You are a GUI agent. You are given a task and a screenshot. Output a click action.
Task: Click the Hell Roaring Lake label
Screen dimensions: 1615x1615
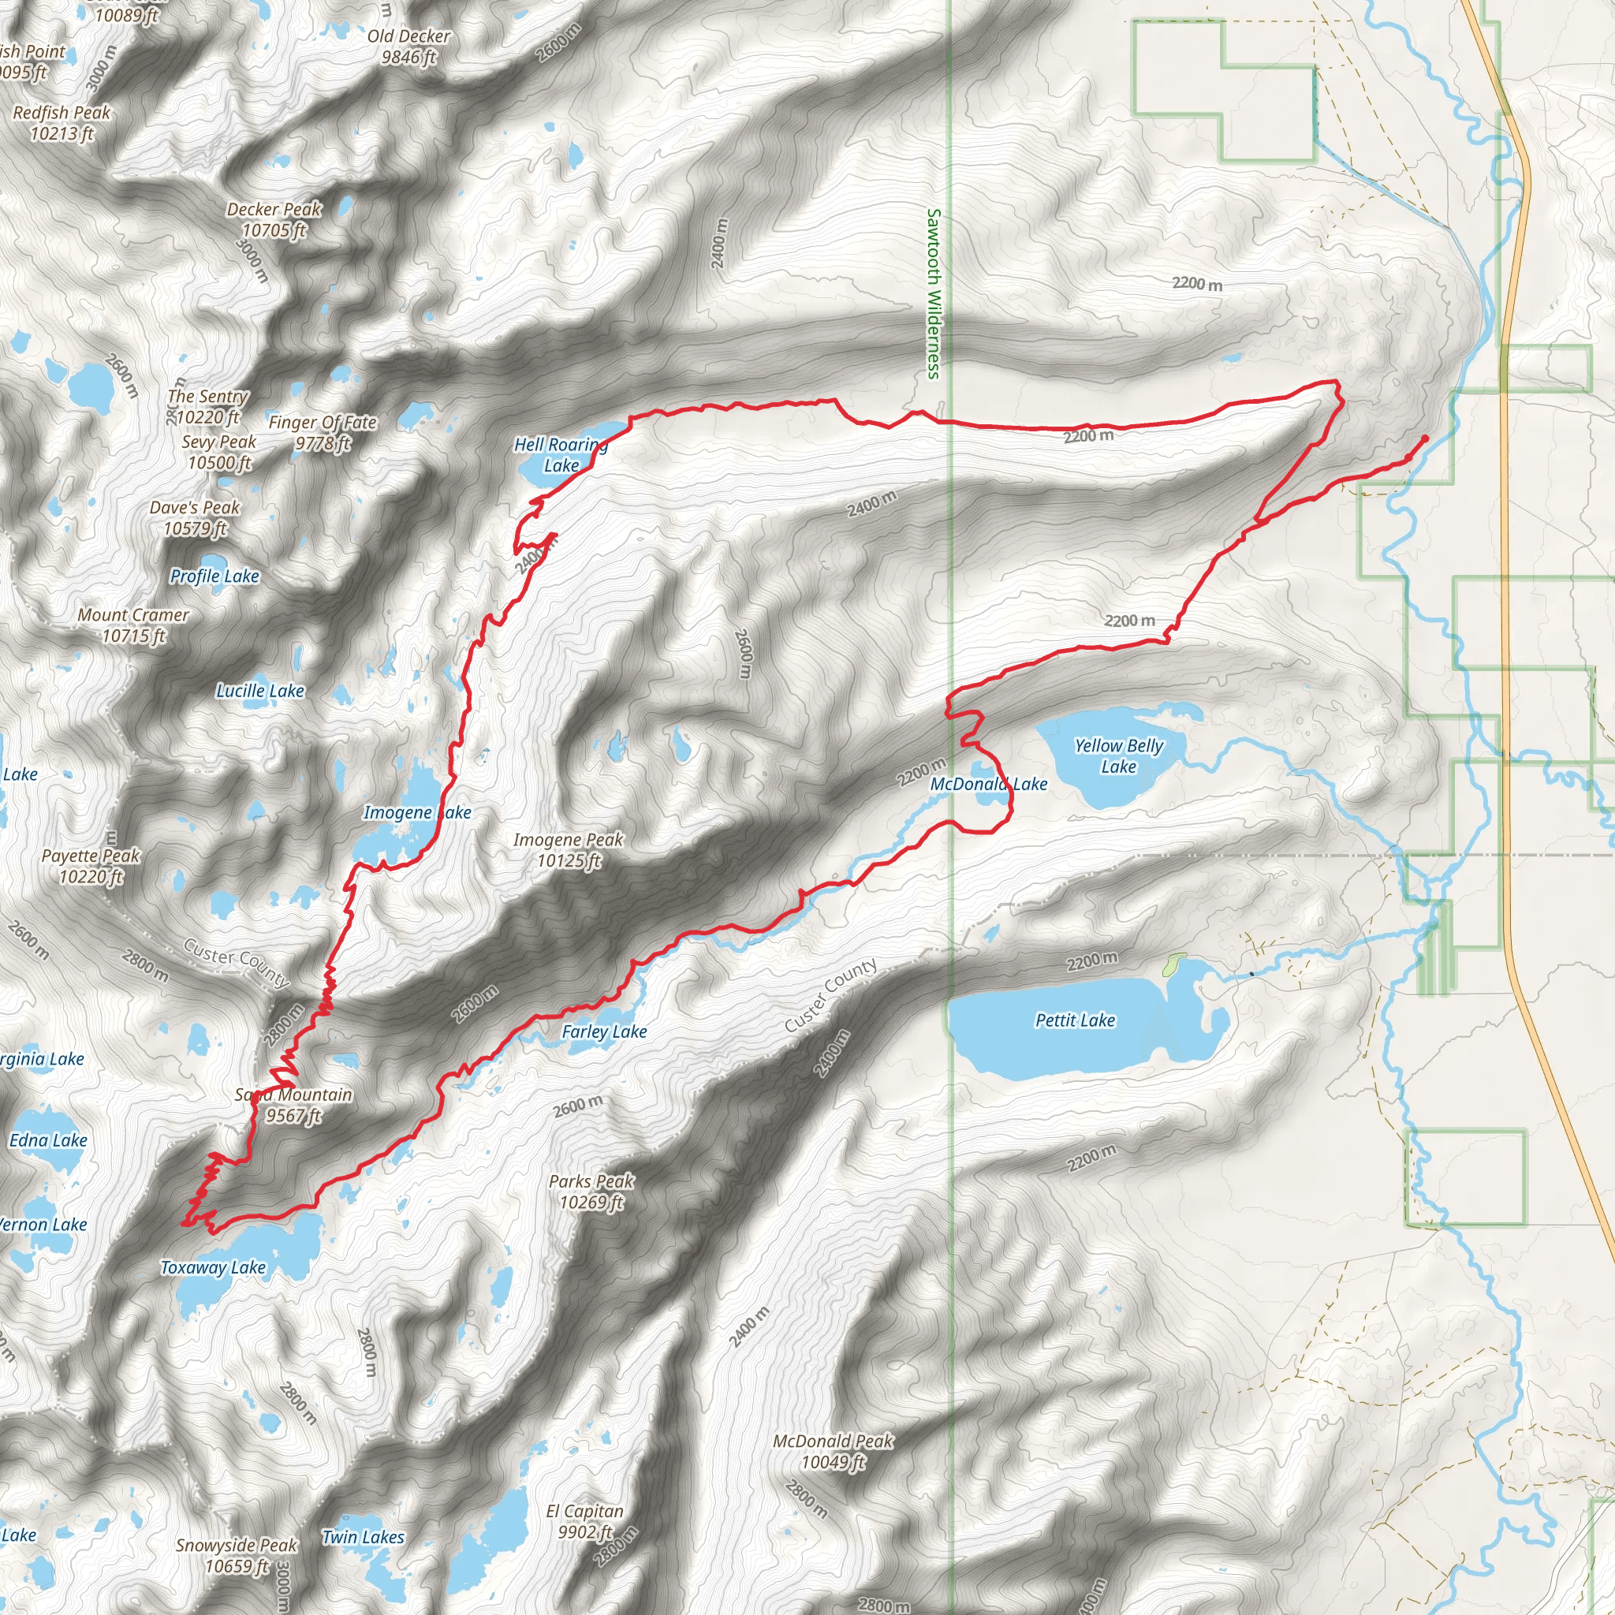coord(561,456)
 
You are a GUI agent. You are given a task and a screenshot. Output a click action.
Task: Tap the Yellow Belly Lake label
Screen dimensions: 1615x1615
coord(1118,755)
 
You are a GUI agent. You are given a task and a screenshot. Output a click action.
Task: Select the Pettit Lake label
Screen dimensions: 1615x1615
coord(1075,1020)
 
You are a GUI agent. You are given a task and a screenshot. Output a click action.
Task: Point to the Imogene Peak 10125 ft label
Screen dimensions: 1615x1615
coord(569,850)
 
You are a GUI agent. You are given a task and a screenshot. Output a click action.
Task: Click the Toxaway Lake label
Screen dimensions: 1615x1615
coord(213,1267)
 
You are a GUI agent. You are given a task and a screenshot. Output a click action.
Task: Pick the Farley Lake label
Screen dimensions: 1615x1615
coord(604,1031)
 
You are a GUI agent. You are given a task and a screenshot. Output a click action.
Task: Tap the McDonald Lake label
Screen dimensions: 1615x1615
coord(989,784)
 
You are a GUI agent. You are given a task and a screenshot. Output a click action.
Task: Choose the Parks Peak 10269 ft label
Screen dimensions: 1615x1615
coord(591,1192)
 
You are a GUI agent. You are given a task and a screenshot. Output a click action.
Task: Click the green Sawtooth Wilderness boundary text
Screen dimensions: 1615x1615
coord(934,293)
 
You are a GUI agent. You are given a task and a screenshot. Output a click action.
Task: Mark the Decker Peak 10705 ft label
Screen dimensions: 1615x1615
coord(274,220)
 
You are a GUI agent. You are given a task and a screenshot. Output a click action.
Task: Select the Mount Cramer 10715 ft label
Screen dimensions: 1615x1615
coord(134,625)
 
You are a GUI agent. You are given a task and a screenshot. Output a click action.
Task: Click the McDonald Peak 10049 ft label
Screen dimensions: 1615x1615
coord(834,1451)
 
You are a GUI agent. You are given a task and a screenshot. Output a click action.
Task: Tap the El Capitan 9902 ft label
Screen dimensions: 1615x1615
coord(585,1521)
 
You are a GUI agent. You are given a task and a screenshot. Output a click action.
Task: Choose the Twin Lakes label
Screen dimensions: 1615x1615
coord(364,1536)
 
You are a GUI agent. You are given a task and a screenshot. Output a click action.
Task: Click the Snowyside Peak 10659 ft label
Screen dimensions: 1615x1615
coord(237,1556)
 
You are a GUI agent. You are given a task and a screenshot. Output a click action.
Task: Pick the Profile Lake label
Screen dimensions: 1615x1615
coord(214,576)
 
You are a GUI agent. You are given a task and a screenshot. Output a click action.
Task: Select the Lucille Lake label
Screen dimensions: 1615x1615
coord(260,691)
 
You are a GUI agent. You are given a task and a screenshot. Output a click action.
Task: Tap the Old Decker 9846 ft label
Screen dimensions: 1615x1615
coord(408,47)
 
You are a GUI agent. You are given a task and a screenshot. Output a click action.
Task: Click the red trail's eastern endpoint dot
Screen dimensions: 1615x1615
coord(1424,438)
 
